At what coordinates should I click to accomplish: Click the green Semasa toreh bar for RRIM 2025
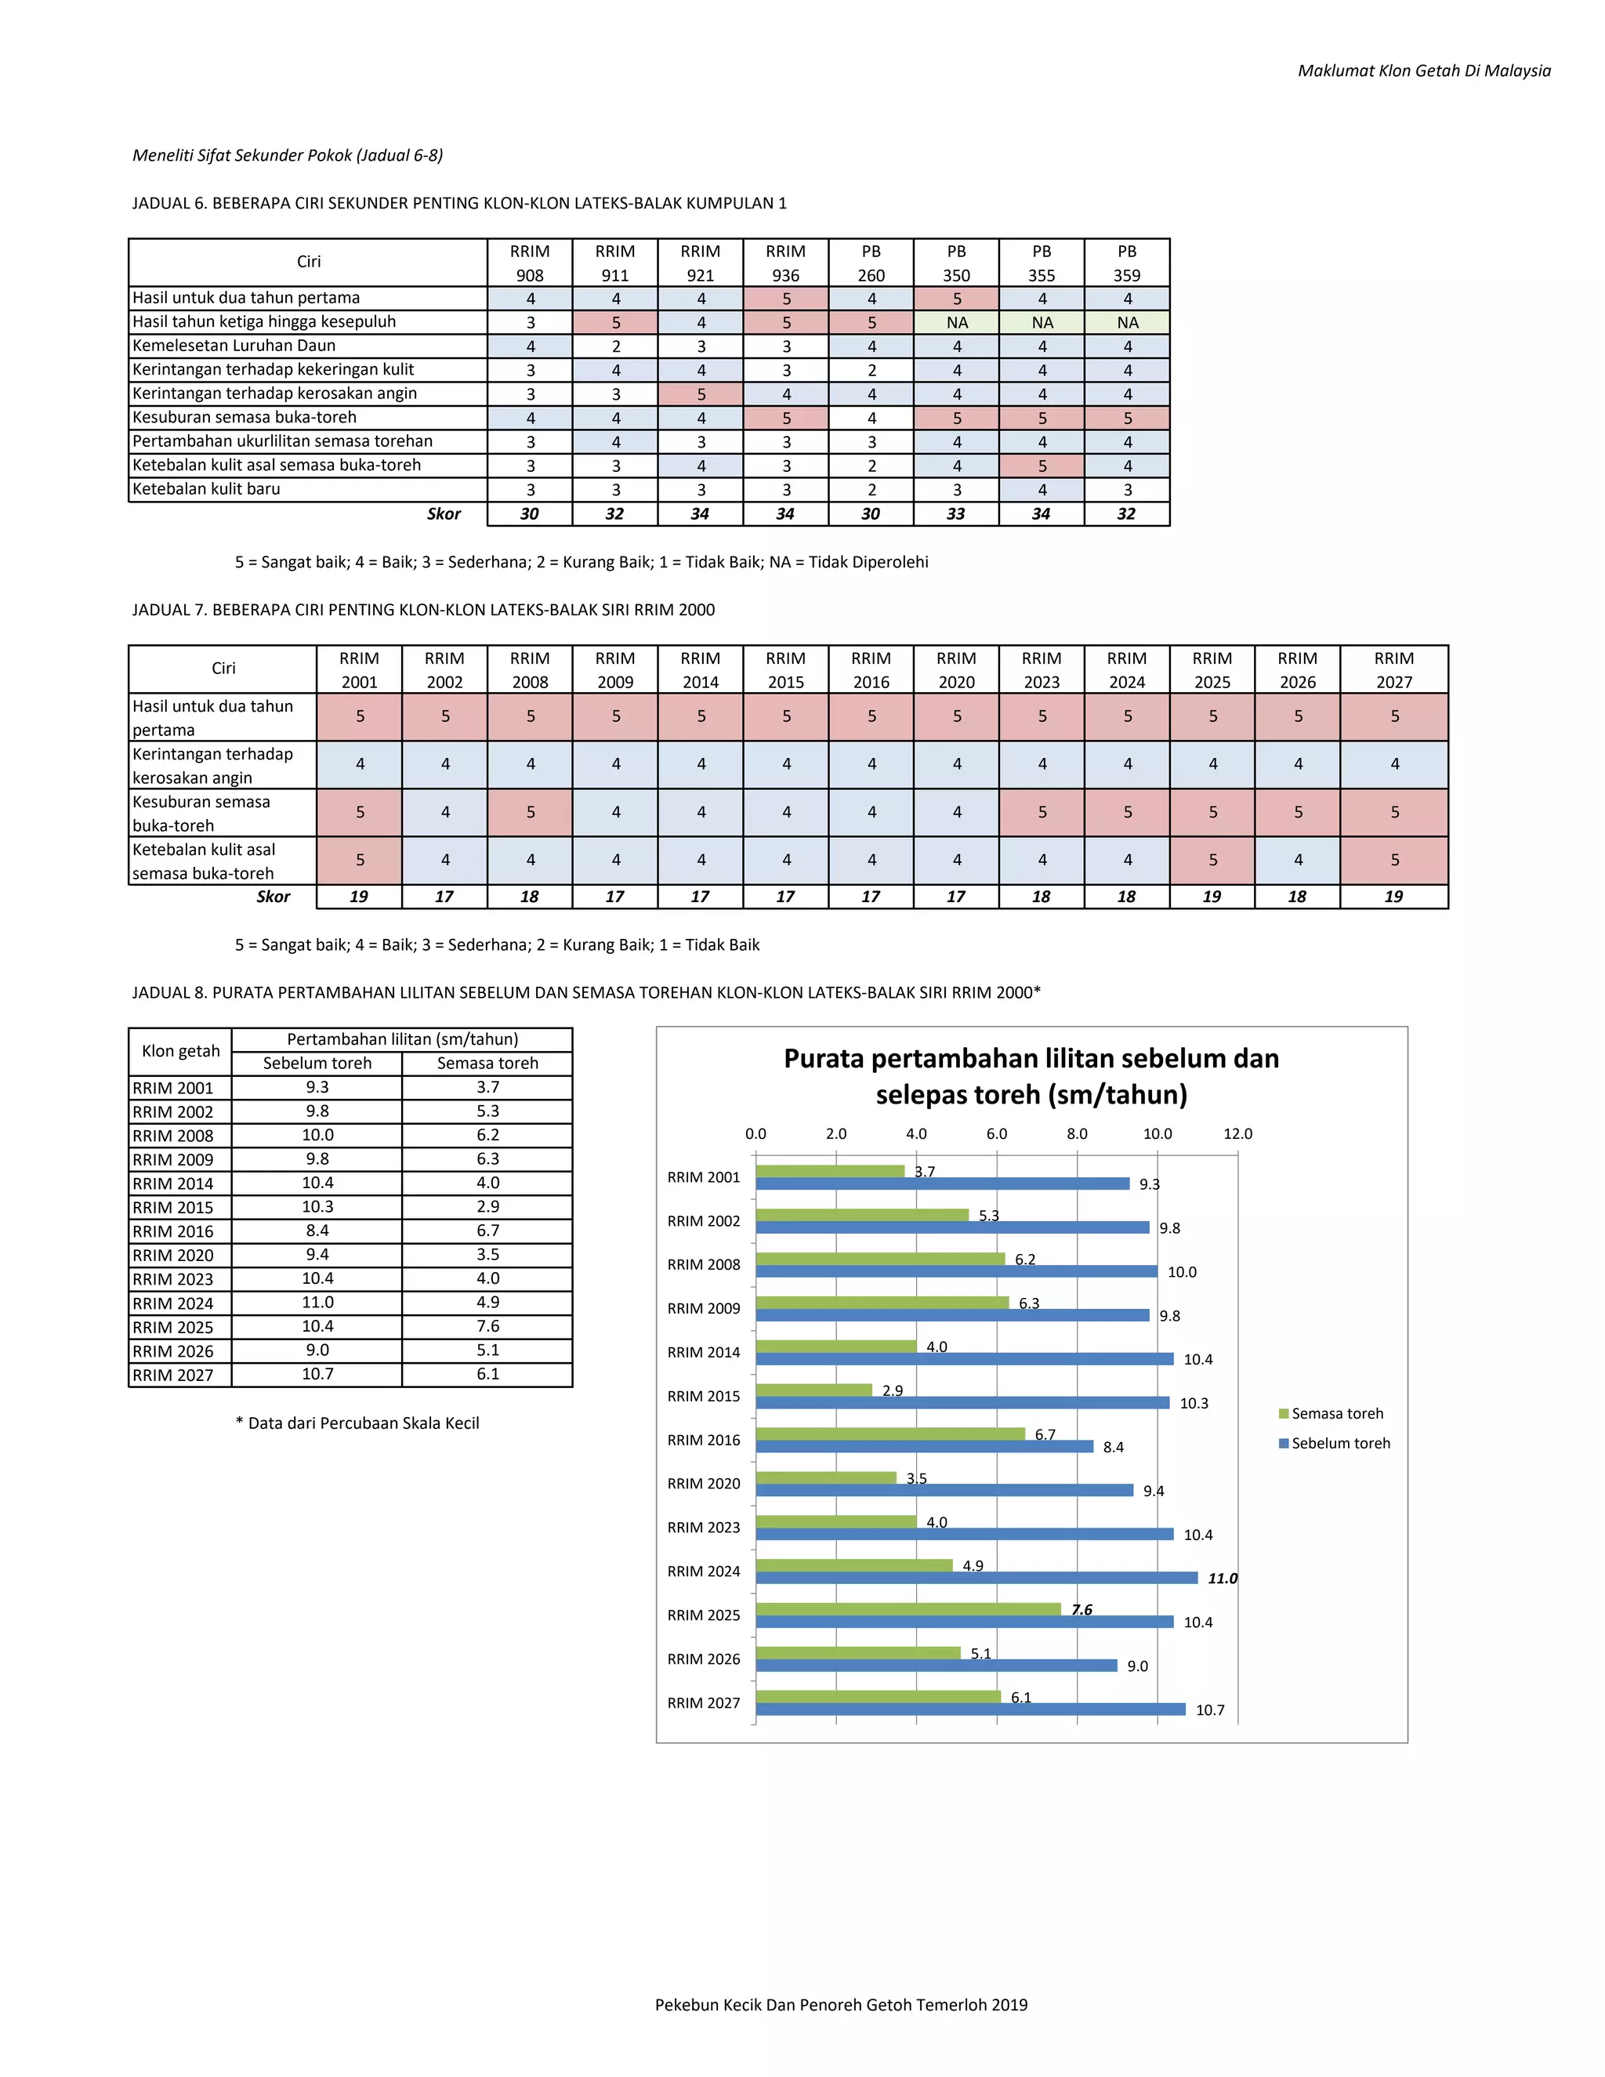tap(908, 1609)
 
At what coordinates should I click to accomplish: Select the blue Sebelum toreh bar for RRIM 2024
tap(976, 1578)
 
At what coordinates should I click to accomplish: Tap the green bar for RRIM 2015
tap(814, 1390)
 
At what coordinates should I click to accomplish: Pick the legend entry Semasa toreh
tap(1331, 1413)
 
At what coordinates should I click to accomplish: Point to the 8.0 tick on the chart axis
tap(1078, 1133)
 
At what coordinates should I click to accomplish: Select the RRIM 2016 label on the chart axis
tap(704, 1440)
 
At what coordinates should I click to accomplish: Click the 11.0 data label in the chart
tap(1223, 1579)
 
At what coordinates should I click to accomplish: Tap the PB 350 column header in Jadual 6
tap(957, 263)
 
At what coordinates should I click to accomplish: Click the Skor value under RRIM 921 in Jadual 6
tap(701, 513)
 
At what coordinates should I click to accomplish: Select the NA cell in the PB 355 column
tap(1042, 322)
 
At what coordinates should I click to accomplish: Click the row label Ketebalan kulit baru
tap(206, 489)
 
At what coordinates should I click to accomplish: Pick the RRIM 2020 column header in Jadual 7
tap(957, 669)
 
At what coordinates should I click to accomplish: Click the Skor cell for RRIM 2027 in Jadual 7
tap(1394, 896)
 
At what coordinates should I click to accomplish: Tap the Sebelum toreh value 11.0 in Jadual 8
tap(317, 1302)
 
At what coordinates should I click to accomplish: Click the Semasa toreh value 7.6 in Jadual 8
tap(487, 1325)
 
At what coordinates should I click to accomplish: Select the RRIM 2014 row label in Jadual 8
tap(173, 1183)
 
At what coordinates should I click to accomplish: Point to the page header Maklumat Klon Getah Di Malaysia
tap(1424, 71)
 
